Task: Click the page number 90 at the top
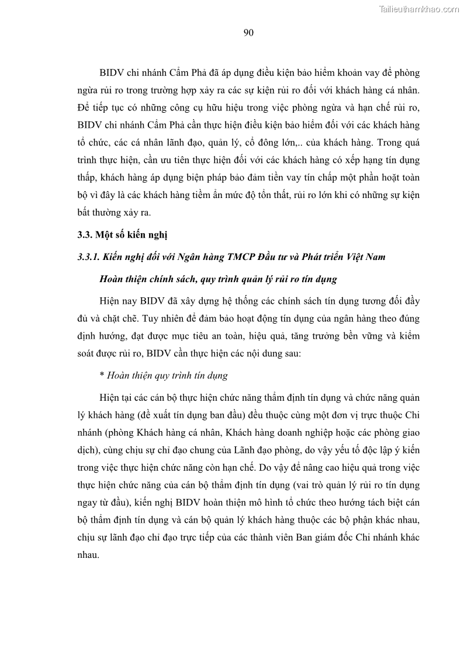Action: click(x=248, y=33)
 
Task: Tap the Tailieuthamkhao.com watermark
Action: click(x=418, y=9)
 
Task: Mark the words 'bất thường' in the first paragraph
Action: click(x=96, y=213)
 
